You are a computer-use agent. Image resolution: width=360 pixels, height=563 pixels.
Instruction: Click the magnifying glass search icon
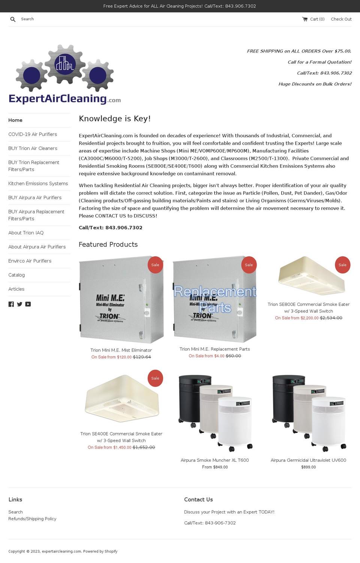pyautogui.click(x=13, y=19)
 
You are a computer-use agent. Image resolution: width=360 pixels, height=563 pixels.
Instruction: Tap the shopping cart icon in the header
pyautogui.click(x=305, y=19)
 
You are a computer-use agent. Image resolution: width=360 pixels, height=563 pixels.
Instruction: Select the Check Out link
pyautogui.click(x=341, y=19)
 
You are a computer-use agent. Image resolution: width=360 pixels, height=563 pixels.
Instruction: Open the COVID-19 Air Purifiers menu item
pyautogui.click(x=33, y=134)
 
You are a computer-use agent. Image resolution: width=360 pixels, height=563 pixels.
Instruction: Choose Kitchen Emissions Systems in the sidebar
pyautogui.click(x=38, y=183)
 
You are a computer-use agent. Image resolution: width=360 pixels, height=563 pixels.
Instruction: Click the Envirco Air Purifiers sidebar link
pyautogui.click(x=30, y=261)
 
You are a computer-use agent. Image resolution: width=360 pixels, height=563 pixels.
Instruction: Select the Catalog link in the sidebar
pyautogui.click(x=16, y=275)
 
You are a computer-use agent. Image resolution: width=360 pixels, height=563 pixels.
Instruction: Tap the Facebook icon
pyautogui.click(x=11, y=304)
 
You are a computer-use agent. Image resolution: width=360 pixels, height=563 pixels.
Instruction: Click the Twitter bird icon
pyautogui.click(x=19, y=304)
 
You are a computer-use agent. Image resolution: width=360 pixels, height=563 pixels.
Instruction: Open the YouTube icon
pyautogui.click(x=28, y=304)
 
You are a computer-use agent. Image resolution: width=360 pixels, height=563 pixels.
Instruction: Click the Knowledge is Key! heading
pyautogui.click(x=115, y=119)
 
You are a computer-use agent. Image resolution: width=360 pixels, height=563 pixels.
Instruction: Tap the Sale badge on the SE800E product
pyautogui.click(x=342, y=265)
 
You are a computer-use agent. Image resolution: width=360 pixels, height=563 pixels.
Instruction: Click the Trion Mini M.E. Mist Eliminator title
pyautogui.click(x=121, y=350)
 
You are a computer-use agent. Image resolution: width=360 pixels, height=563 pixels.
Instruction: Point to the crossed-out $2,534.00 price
pyautogui.click(x=331, y=318)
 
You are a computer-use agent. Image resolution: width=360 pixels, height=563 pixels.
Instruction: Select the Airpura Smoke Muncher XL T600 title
pyautogui.click(x=214, y=460)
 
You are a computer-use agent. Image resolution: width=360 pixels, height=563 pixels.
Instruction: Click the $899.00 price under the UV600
pyautogui.click(x=308, y=467)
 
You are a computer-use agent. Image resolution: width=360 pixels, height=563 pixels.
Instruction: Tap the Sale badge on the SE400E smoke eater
pyautogui.click(x=155, y=378)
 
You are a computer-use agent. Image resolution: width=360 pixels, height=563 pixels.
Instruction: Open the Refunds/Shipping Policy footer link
pyautogui.click(x=32, y=519)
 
